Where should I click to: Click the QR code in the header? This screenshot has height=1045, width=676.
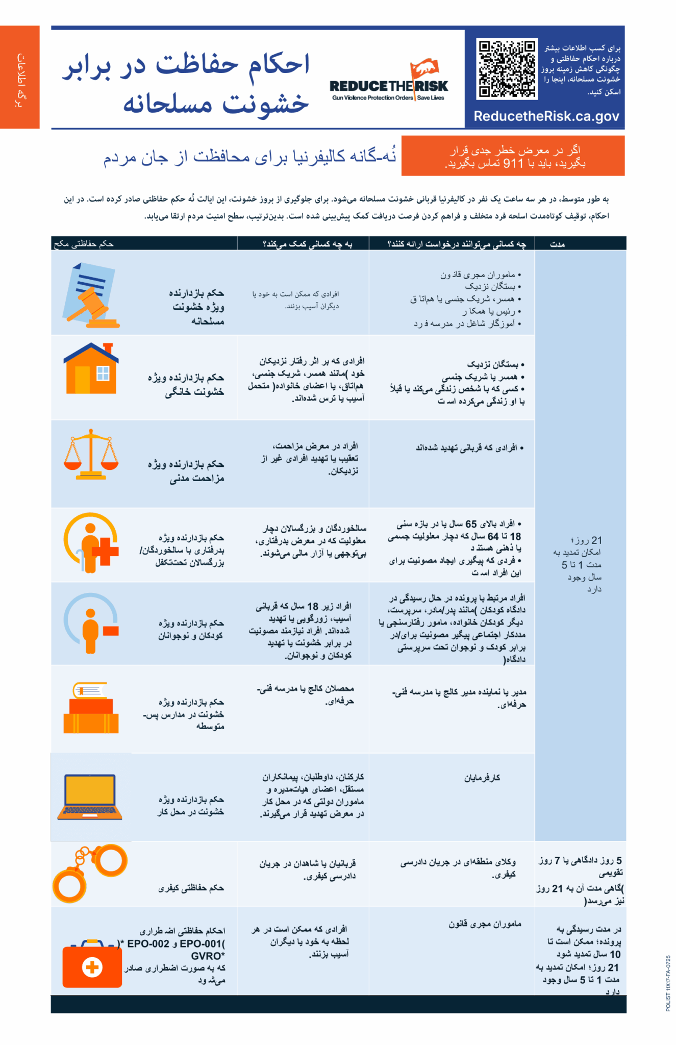pyautogui.click(x=507, y=68)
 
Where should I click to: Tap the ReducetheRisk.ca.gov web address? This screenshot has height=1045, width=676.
pyautogui.click(x=546, y=116)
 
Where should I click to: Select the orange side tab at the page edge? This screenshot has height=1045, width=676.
pyautogui.click(x=19, y=77)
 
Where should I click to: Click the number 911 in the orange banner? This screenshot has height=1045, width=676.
pyautogui.click(x=513, y=163)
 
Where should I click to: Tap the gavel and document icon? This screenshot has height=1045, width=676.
pyautogui.click(x=90, y=295)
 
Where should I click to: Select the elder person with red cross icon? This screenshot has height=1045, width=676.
pyautogui.click(x=91, y=542)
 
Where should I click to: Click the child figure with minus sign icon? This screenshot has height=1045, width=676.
pyautogui.click(x=91, y=623)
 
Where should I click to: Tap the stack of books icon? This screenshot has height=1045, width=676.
pyautogui.click(x=91, y=708)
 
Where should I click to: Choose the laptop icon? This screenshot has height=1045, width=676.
pyautogui.click(x=90, y=797)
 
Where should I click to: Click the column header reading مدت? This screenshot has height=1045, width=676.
pyautogui.click(x=557, y=244)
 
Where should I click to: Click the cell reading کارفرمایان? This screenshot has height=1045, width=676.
pyautogui.click(x=482, y=778)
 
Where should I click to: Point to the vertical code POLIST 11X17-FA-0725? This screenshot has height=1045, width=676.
pyautogui.click(x=668, y=983)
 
